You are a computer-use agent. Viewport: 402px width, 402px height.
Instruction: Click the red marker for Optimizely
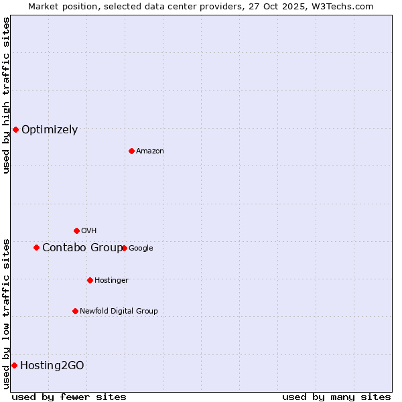[x=15, y=129]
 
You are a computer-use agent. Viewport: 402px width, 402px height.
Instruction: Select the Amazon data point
[x=131, y=151]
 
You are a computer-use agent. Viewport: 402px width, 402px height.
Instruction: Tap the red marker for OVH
[x=76, y=230]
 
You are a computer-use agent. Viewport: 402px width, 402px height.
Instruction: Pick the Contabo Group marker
[x=36, y=247]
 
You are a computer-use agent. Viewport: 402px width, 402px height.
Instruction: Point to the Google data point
[x=124, y=248]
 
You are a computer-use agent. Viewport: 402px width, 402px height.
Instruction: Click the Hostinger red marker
[x=90, y=280]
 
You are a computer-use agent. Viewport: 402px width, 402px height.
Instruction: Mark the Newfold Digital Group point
[x=75, y=311]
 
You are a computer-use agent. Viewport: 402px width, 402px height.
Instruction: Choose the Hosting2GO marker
[x=14, y=365]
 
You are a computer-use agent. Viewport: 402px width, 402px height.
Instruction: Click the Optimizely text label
[x=50, y=130]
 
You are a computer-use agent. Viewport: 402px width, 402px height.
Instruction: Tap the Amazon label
[x=150, y=151]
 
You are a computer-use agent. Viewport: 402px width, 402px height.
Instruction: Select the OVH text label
[x=89, y=231]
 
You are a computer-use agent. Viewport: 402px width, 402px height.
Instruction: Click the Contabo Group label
[x=82, y=248]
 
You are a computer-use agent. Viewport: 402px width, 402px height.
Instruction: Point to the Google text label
[x=141, y=249]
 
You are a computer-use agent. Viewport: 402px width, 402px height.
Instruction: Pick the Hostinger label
[x=111, y=281]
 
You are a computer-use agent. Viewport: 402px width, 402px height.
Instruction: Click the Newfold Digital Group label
[x=119, y=312]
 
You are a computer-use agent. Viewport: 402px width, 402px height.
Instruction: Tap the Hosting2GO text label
[x=52, y=366]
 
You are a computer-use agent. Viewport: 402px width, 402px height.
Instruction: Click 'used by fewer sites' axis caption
[x=69, y=397]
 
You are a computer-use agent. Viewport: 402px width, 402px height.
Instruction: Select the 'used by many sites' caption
[x=336, y=397]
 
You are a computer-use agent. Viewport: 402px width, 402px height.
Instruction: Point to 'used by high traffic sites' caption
[x=7, y=95]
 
